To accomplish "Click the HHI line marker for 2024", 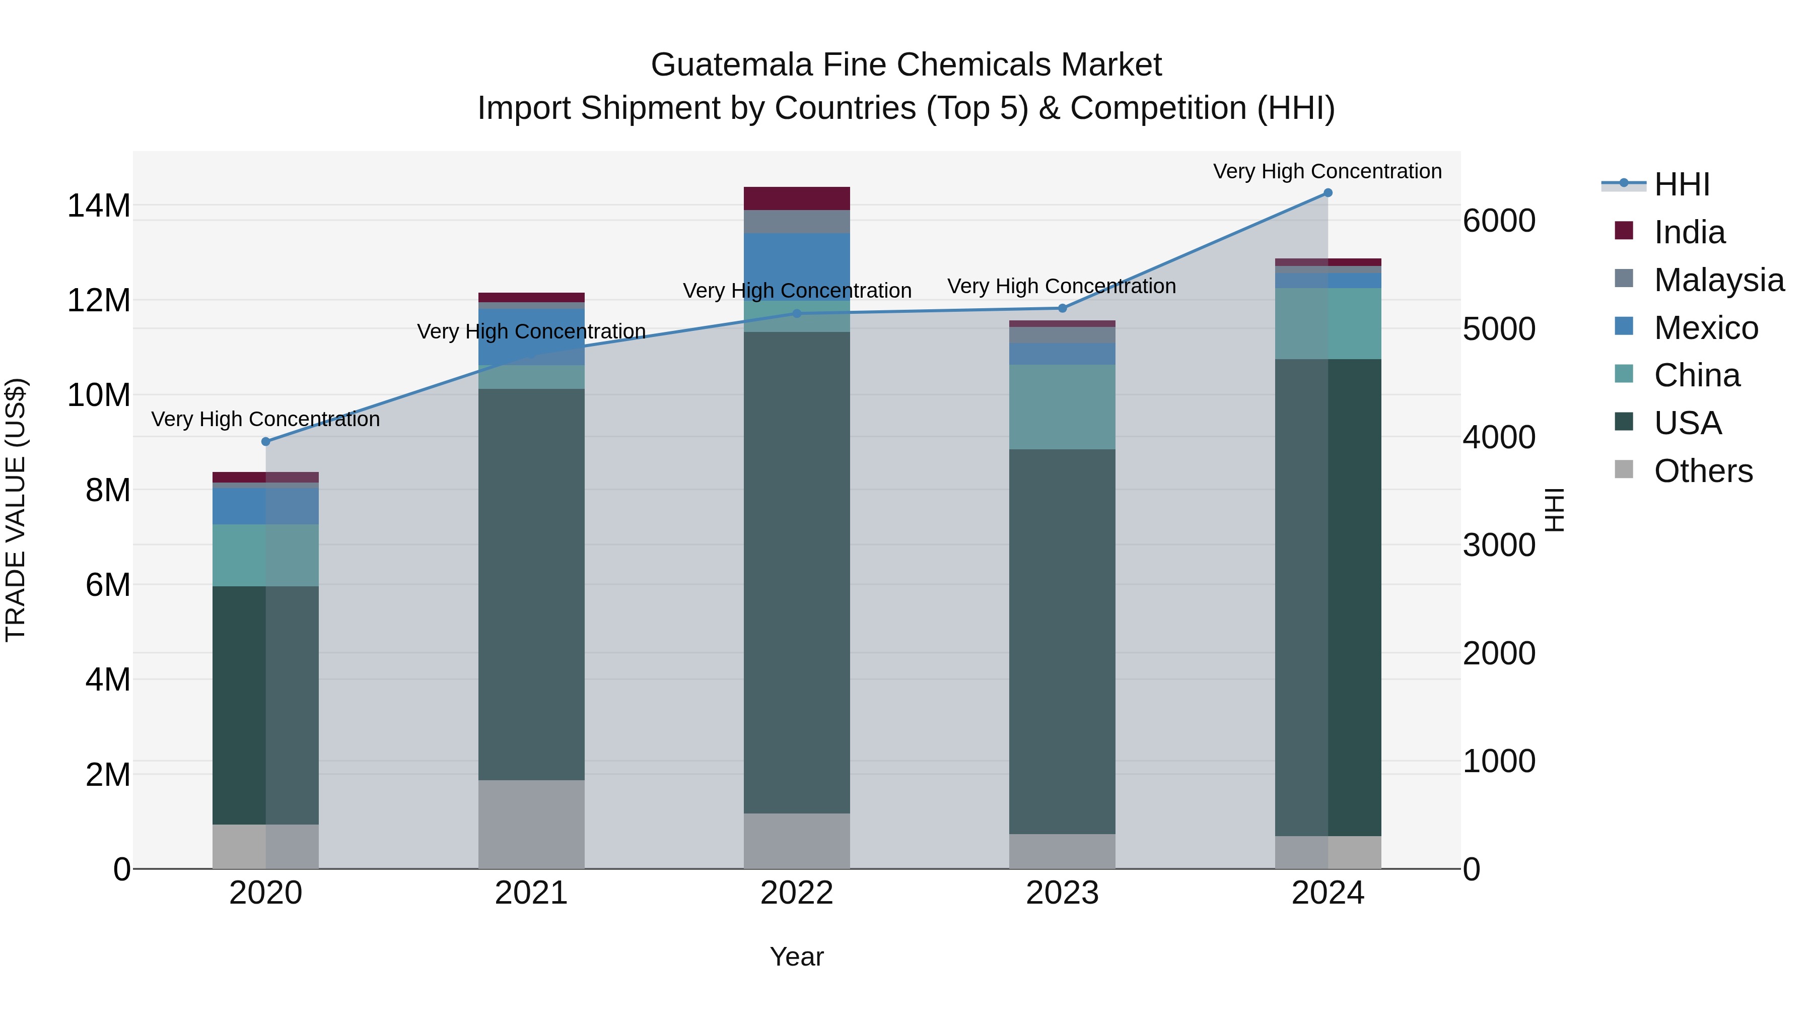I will [1328, 192].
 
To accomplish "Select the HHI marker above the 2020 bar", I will [265, 441].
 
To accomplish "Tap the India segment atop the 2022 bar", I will [797, 198].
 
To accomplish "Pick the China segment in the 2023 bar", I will [1062, 407].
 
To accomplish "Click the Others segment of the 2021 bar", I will [531, 824].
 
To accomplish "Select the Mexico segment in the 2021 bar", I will [531, 336].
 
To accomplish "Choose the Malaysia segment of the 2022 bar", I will [797, 222].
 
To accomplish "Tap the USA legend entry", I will [1687, 423].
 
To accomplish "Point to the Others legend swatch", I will [1624, 469].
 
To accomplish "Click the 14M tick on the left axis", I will [99, 206].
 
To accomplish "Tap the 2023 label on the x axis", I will [1062, 893].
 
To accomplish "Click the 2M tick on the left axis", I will [107, 774].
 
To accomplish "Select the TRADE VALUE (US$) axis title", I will [16, 510].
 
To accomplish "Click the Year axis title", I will [797, 957].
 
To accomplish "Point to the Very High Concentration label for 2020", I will [265, 419].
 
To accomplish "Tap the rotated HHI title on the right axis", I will [1554, 510].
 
